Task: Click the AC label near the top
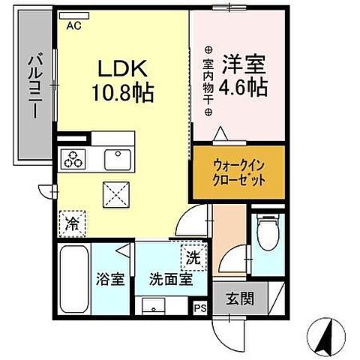click(x=73, y=25)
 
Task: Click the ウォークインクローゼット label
click(x=238, y=173)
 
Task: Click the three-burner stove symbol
click(x=74, y=159)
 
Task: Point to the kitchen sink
click(x=118, y=159)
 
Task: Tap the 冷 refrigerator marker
click(x=73, y=222)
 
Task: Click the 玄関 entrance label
click(x=240, y=298)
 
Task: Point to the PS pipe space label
click(x=200, y=307)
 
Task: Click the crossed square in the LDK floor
click(x=118, y=196)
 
